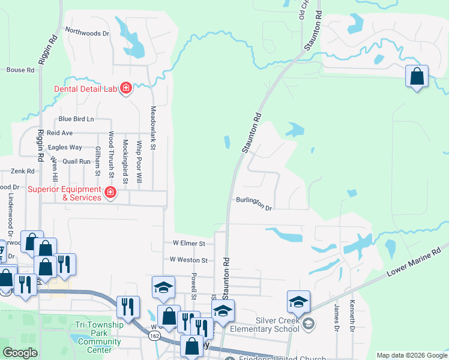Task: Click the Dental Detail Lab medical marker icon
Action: click(126, 89)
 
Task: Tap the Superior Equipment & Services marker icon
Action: click(110, 193)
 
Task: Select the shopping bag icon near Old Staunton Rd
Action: click(417, 77)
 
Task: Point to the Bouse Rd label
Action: click(20, 70)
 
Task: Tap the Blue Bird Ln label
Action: click(76, 119)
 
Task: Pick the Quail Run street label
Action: click(76, 161)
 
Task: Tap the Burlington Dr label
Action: click(254, 204)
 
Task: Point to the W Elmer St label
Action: click(189, 244)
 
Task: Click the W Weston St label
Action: click(188, 260)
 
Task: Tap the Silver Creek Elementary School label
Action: click(277, 325)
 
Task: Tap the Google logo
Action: click(20, 352)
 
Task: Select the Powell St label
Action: click(194, 286)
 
